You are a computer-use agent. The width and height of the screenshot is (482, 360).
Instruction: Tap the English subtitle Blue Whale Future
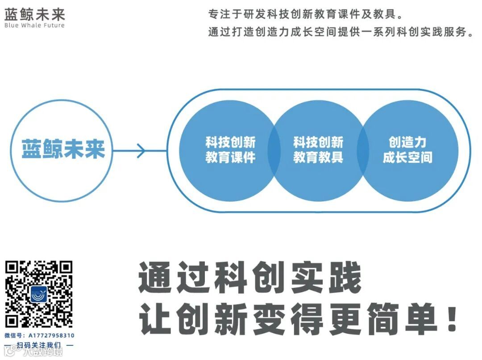[x=34, y=25]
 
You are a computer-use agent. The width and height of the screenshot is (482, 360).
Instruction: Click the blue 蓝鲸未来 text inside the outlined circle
[x=63, y=149]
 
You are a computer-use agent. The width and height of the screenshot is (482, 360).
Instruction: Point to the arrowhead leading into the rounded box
[x=141, y=150]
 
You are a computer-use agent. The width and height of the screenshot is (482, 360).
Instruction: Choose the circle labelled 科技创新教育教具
[x=318, y=150]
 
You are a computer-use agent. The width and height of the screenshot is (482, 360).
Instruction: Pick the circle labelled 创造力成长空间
[x=407, y=150]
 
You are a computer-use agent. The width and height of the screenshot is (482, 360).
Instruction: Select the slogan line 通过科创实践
[x=249, y=277]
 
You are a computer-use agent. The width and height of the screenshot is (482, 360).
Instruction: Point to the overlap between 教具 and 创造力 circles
[x=363, y=150]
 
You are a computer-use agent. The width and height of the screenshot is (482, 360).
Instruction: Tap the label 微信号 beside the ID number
[x=14, y=335]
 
